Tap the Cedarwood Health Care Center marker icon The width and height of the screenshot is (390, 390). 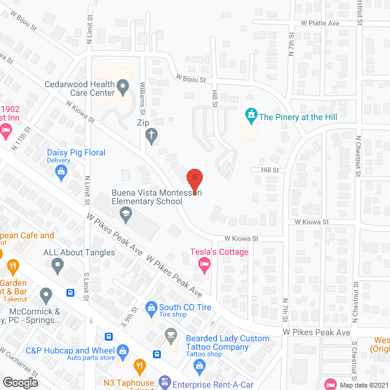coord(122,86)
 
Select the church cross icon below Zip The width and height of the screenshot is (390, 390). coord(152,136)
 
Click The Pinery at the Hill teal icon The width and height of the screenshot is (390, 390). coord(250,115)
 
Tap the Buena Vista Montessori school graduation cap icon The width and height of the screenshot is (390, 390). coord(125,213)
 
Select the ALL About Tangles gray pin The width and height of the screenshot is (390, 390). coord(58,264)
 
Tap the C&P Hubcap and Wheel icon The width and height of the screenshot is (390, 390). coord(123,351)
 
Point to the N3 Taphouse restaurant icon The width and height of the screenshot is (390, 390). coord(140,367)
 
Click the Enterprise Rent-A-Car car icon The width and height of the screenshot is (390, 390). coord(164,383)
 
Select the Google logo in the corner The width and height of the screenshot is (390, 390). coord(19,382)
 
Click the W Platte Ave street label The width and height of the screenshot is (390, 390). coord(320,23)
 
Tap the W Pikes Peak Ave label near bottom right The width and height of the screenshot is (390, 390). coord(316,333)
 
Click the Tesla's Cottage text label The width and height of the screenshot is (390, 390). coord(219,252)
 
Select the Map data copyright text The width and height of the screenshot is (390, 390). coord(363,385)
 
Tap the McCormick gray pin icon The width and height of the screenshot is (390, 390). coord(46,296)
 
